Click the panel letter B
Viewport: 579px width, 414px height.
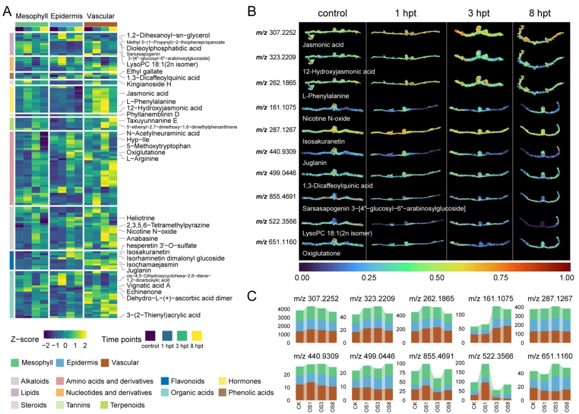tap(251, 11)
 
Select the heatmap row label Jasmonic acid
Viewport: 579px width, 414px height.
tap(140, 93)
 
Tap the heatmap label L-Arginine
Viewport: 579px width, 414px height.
tap(142, 159)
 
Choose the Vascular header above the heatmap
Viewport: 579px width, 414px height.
tap(100, 16)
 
